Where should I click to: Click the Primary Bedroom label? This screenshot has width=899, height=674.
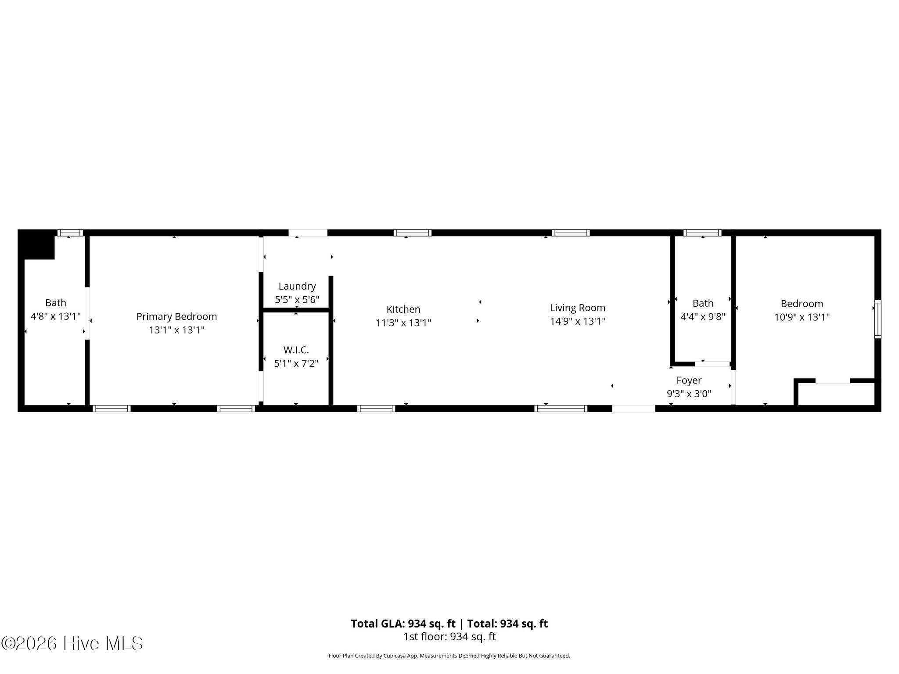(x=176, y=316)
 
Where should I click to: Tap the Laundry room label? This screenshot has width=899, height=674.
(x=297, y=286)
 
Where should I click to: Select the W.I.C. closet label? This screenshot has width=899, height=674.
(x=296, y=350)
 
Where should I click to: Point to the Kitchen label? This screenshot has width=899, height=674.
(x=403, y=309)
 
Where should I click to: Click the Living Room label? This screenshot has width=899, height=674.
(x=578, y=308)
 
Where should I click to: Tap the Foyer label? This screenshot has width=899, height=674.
(x=689, y=380)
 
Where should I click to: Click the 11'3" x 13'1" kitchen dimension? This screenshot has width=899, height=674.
(x=403, y=323)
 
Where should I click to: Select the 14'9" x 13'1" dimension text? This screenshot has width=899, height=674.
(x=578, y=321)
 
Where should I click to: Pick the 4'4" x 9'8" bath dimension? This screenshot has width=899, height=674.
(x=703, y=316)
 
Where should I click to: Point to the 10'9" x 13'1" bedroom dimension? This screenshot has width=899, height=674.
(x=802, y=317)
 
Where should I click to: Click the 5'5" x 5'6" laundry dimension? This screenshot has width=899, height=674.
(x=297, y=300)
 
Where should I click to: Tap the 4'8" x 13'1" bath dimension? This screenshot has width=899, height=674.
(x=56, y=316)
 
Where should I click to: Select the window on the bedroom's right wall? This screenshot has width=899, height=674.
(x=877, y=319)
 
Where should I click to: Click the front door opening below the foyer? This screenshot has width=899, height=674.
(x=633, y=409)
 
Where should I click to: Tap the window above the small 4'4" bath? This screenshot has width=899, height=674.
(x=702, y=233)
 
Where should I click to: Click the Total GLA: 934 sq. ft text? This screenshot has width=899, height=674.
(x=403, y=624)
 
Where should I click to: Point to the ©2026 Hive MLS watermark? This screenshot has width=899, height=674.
(x=72, y=643)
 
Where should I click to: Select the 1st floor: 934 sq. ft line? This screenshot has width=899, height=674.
(x=449, y=636)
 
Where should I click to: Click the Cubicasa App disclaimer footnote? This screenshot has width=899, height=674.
(x=449, y=656)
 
